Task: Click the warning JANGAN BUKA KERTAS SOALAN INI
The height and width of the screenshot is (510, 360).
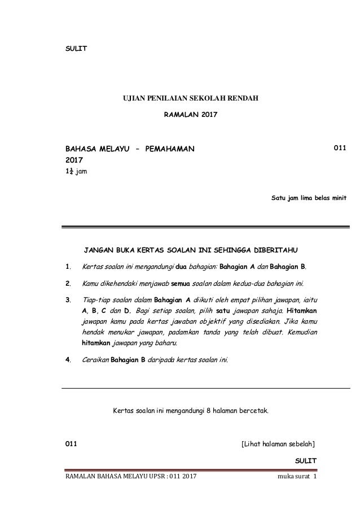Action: coord(191,249)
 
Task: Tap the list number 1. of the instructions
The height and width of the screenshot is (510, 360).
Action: coord(68,267)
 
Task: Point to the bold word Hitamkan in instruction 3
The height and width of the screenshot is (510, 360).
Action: coord(302,311)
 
